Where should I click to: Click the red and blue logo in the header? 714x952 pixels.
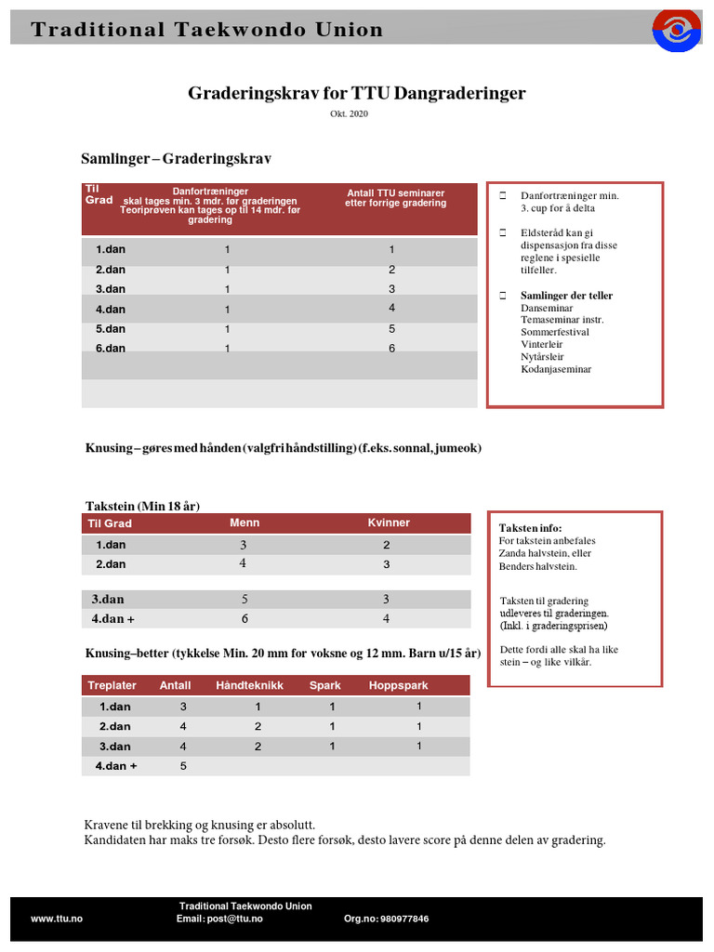coord(677,30)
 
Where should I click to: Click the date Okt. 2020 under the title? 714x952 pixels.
coord(356,113)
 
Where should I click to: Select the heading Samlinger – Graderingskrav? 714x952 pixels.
coord(177,160)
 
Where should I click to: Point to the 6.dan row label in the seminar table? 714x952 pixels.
coord(110,349)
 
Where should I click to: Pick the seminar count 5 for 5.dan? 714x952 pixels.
coord(391,329)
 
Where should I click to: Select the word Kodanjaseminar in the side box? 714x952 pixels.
coord(556,369)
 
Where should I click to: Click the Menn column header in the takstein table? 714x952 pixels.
coord(245,522)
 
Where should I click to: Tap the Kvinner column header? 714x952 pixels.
coord(389,522)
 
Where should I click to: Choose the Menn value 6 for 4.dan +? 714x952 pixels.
coord(244,618)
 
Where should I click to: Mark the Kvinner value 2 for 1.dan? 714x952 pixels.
coord(386,545)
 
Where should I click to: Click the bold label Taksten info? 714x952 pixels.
coord(531,527)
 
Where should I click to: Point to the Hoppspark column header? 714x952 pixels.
coord(399,685)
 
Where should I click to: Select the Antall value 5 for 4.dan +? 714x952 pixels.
coord(183,766)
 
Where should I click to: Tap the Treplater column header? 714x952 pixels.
coord(112,685)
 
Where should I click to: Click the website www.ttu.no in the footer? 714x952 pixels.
coord(57,919)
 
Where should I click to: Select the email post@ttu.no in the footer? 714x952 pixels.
coord(219,919)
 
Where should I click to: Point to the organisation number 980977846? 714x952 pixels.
coord(387,919)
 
